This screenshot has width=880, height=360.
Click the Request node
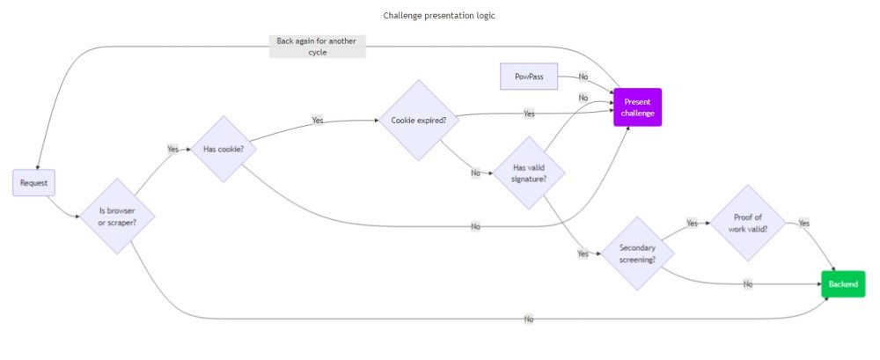(34, 183)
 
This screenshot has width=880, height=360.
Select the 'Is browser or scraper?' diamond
(118, 216)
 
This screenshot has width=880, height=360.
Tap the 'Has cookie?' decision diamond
(224, 149)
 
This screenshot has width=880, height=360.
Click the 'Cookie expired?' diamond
(418, 120)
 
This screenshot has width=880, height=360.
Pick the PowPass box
(528, 77)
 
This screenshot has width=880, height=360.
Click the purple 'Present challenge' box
(637, 107)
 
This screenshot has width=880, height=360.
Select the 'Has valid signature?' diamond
(528, 173)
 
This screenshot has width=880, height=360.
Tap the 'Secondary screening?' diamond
(638, 253)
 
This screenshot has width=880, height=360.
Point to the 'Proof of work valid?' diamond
(747, 224)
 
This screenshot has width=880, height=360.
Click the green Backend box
(843, 284)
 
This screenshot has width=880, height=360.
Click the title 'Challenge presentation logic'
(439, 15)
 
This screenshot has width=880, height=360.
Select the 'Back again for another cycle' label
(317, 47)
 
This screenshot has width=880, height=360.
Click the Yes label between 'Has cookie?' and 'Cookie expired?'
(318, 120)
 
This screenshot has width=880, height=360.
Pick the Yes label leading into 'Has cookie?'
(172, 149)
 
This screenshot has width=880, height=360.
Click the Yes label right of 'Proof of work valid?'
(803, 224)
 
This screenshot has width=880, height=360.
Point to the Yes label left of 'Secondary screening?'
(583, 253)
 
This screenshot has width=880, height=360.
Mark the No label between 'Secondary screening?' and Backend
(748, 284)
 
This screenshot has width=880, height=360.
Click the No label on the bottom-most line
(529, 319)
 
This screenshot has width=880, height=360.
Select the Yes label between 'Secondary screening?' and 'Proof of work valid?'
(692, 224)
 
